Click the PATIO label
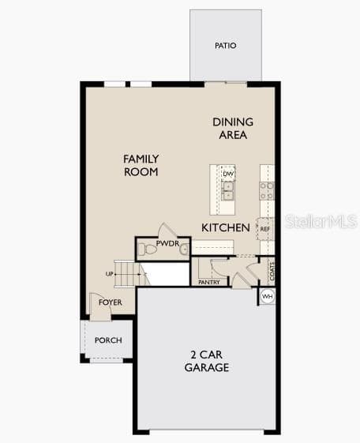point(225,46)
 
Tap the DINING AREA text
point(233,129)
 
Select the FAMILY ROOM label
point(141,165)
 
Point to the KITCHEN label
point(226,227)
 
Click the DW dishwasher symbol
point(228,174)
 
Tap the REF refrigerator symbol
point(264,229)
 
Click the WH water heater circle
point(267,296)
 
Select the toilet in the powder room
point(147,250)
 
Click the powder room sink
point(185,250)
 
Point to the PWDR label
point(167,243)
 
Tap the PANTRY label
point(209,282)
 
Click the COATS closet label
point(272,271)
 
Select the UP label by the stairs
point(109,274)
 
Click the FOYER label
point(111,302)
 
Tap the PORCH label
point(108,340)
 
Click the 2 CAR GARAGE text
point(207,361)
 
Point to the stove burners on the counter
point(267,191)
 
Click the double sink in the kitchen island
point(227,191)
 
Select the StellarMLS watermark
point(321,221)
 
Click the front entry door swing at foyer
point(100,307)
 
